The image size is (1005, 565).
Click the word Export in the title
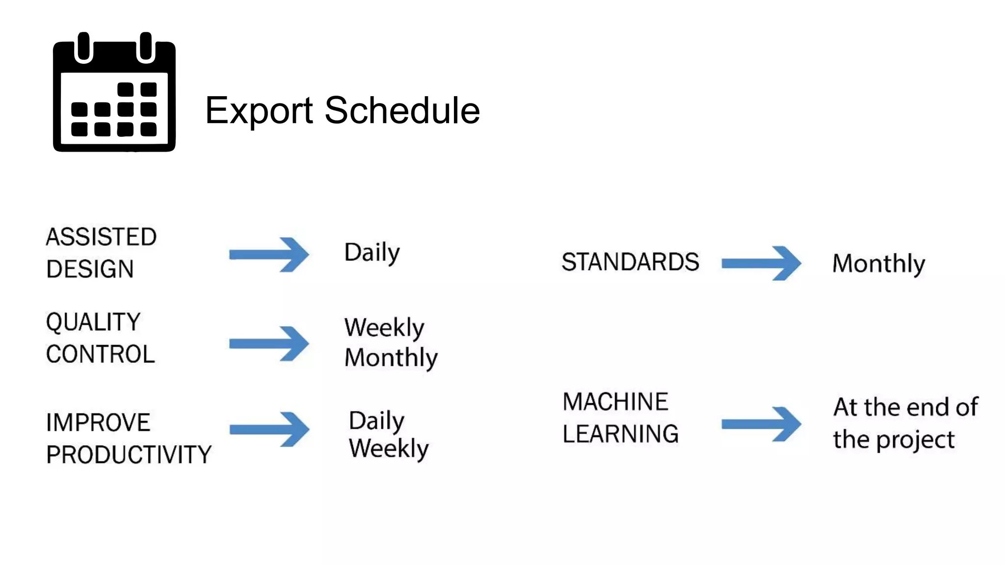coord(259,111)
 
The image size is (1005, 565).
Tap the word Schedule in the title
coord(402,110)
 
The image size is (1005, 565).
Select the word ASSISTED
coord(101,237)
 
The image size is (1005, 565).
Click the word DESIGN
coord(90,269)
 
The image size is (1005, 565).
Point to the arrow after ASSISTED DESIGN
coord(269,255)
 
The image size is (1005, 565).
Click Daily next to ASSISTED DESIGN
coord(372,253)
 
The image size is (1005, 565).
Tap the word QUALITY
coord(93,322)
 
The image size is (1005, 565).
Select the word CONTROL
coord(101,354)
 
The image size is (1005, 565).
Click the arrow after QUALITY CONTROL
coord(269,343)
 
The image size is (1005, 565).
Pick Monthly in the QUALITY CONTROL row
coord(391,358)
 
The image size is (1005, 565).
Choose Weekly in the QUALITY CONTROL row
coord(384,327)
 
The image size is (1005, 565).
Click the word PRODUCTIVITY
coord(129,455)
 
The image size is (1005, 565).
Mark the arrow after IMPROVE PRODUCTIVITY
coord(269,430)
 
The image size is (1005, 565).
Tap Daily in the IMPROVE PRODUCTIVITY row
coord(376,421)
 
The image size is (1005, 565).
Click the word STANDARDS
coord(630,262)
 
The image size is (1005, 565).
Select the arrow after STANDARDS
coord(761,263)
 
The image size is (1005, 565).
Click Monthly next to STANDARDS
coord(878,264)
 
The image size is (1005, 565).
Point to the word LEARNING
coord(620,434)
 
